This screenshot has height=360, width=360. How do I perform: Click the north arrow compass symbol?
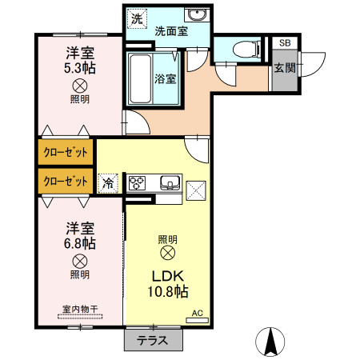pos(270,342)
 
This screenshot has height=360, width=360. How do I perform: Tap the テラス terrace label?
pos(152,340)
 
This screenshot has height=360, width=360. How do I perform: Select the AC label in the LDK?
pos(198,313)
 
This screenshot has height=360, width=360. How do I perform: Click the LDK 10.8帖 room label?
pos(168,284)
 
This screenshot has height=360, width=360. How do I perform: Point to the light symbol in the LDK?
pos(168,253)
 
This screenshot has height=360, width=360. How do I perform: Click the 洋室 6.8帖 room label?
pos(80,236)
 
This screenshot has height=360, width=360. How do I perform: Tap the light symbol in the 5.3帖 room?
pos(80,86)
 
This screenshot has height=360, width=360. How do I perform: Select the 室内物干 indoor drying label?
pos(80,310)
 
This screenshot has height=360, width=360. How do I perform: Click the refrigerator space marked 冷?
pos(108,183)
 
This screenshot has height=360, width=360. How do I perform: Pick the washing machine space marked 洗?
pos(137,18)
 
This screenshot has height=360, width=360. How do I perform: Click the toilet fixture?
pos(246,50)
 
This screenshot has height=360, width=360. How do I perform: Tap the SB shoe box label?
pos(285,42)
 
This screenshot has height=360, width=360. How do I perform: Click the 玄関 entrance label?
pos(285,68)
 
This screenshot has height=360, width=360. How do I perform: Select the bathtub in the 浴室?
pos(140,78)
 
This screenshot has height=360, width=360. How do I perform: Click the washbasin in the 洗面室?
pos(197,14)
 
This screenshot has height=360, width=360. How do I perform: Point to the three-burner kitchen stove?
pos(137,183)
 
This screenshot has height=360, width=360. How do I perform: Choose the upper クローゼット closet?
pos(66,152)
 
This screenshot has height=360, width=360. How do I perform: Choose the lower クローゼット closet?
pos(66,181)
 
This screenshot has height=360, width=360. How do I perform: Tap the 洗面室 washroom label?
pos(171,31)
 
